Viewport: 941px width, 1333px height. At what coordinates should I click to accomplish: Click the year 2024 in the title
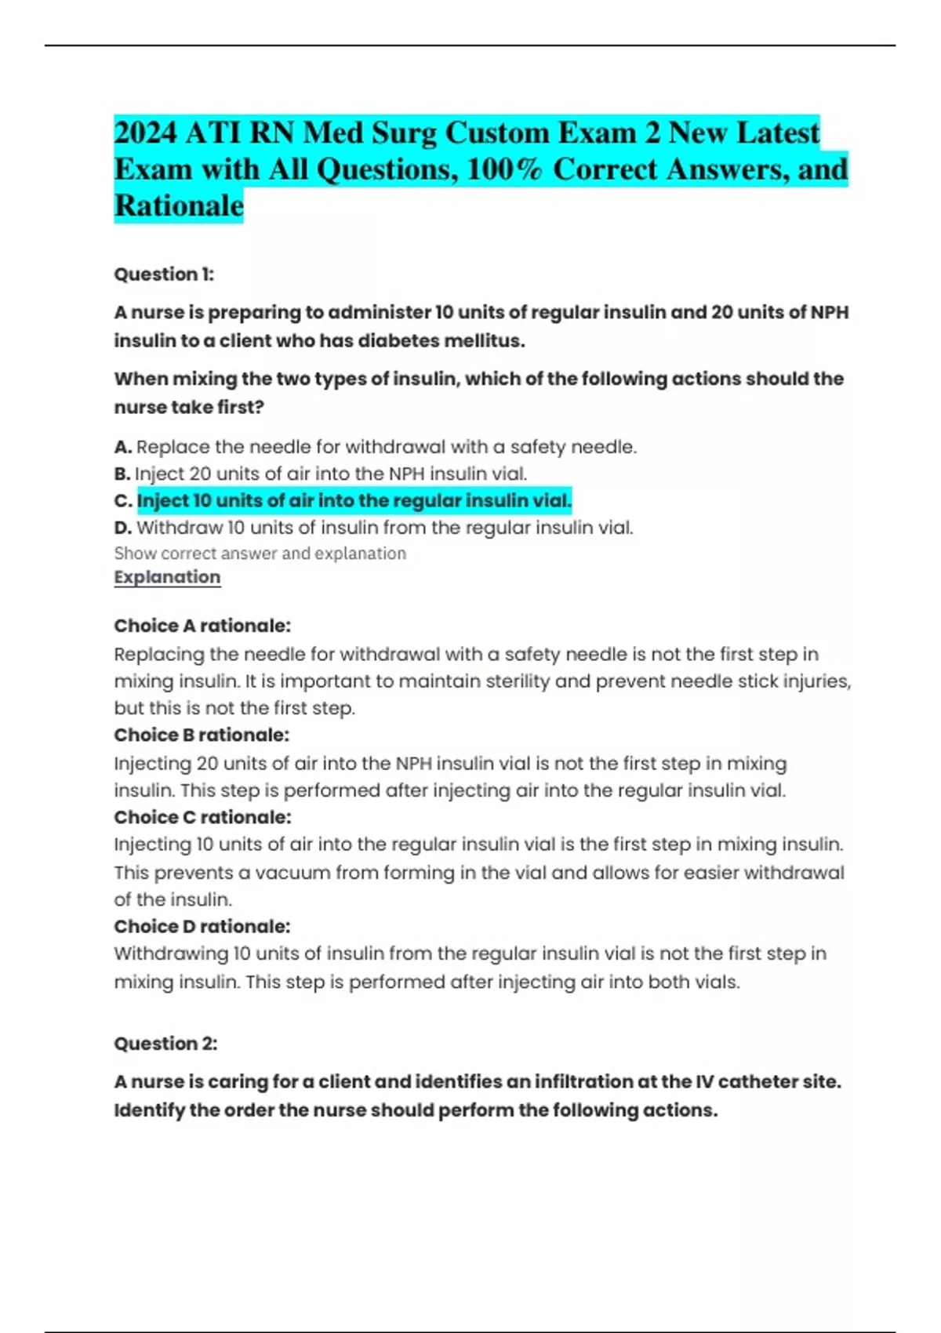[146, 133]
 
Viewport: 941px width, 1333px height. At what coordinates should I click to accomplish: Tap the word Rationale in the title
[179, 205]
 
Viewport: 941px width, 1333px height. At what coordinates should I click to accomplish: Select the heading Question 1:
[164, 274]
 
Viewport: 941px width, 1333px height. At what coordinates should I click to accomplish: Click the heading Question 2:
[165, 1044]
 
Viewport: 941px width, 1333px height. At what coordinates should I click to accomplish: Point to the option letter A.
[122, 447]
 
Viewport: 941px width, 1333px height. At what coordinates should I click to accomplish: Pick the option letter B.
[122, 474]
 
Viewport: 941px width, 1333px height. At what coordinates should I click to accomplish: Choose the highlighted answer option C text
[354, 500]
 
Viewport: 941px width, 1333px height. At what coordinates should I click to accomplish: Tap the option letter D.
[122, 528]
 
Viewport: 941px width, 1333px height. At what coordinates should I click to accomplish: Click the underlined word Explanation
[167, 577]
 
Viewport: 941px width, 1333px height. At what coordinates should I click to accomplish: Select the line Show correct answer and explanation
[260, 554]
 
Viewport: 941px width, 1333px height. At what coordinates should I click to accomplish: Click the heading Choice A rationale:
[202, 626]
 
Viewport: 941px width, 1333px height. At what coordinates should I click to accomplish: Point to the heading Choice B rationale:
[202, 735]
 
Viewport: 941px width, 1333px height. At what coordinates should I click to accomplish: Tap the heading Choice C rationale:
[202, 817]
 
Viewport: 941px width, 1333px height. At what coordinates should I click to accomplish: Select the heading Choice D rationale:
[202, 926]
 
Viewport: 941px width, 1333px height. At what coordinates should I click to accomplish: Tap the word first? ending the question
[241, 408]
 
